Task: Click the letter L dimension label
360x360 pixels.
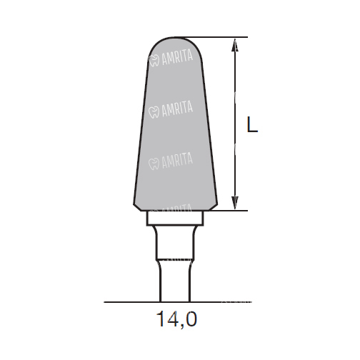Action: click(252, 124)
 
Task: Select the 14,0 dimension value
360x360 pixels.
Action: click(176, 319)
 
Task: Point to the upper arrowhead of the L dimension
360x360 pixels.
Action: click(235, 45)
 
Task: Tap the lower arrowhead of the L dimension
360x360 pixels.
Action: click(235, 203)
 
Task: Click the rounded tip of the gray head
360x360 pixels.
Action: click(175, 38)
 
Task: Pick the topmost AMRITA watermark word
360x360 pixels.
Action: click(177, 59)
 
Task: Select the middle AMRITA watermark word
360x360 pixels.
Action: click(177, 109)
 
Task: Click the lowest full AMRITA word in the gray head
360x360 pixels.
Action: click(177, 161)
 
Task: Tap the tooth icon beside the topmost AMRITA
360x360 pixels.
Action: click(154, 61)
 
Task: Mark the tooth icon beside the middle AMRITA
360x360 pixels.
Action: click(154, 112)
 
